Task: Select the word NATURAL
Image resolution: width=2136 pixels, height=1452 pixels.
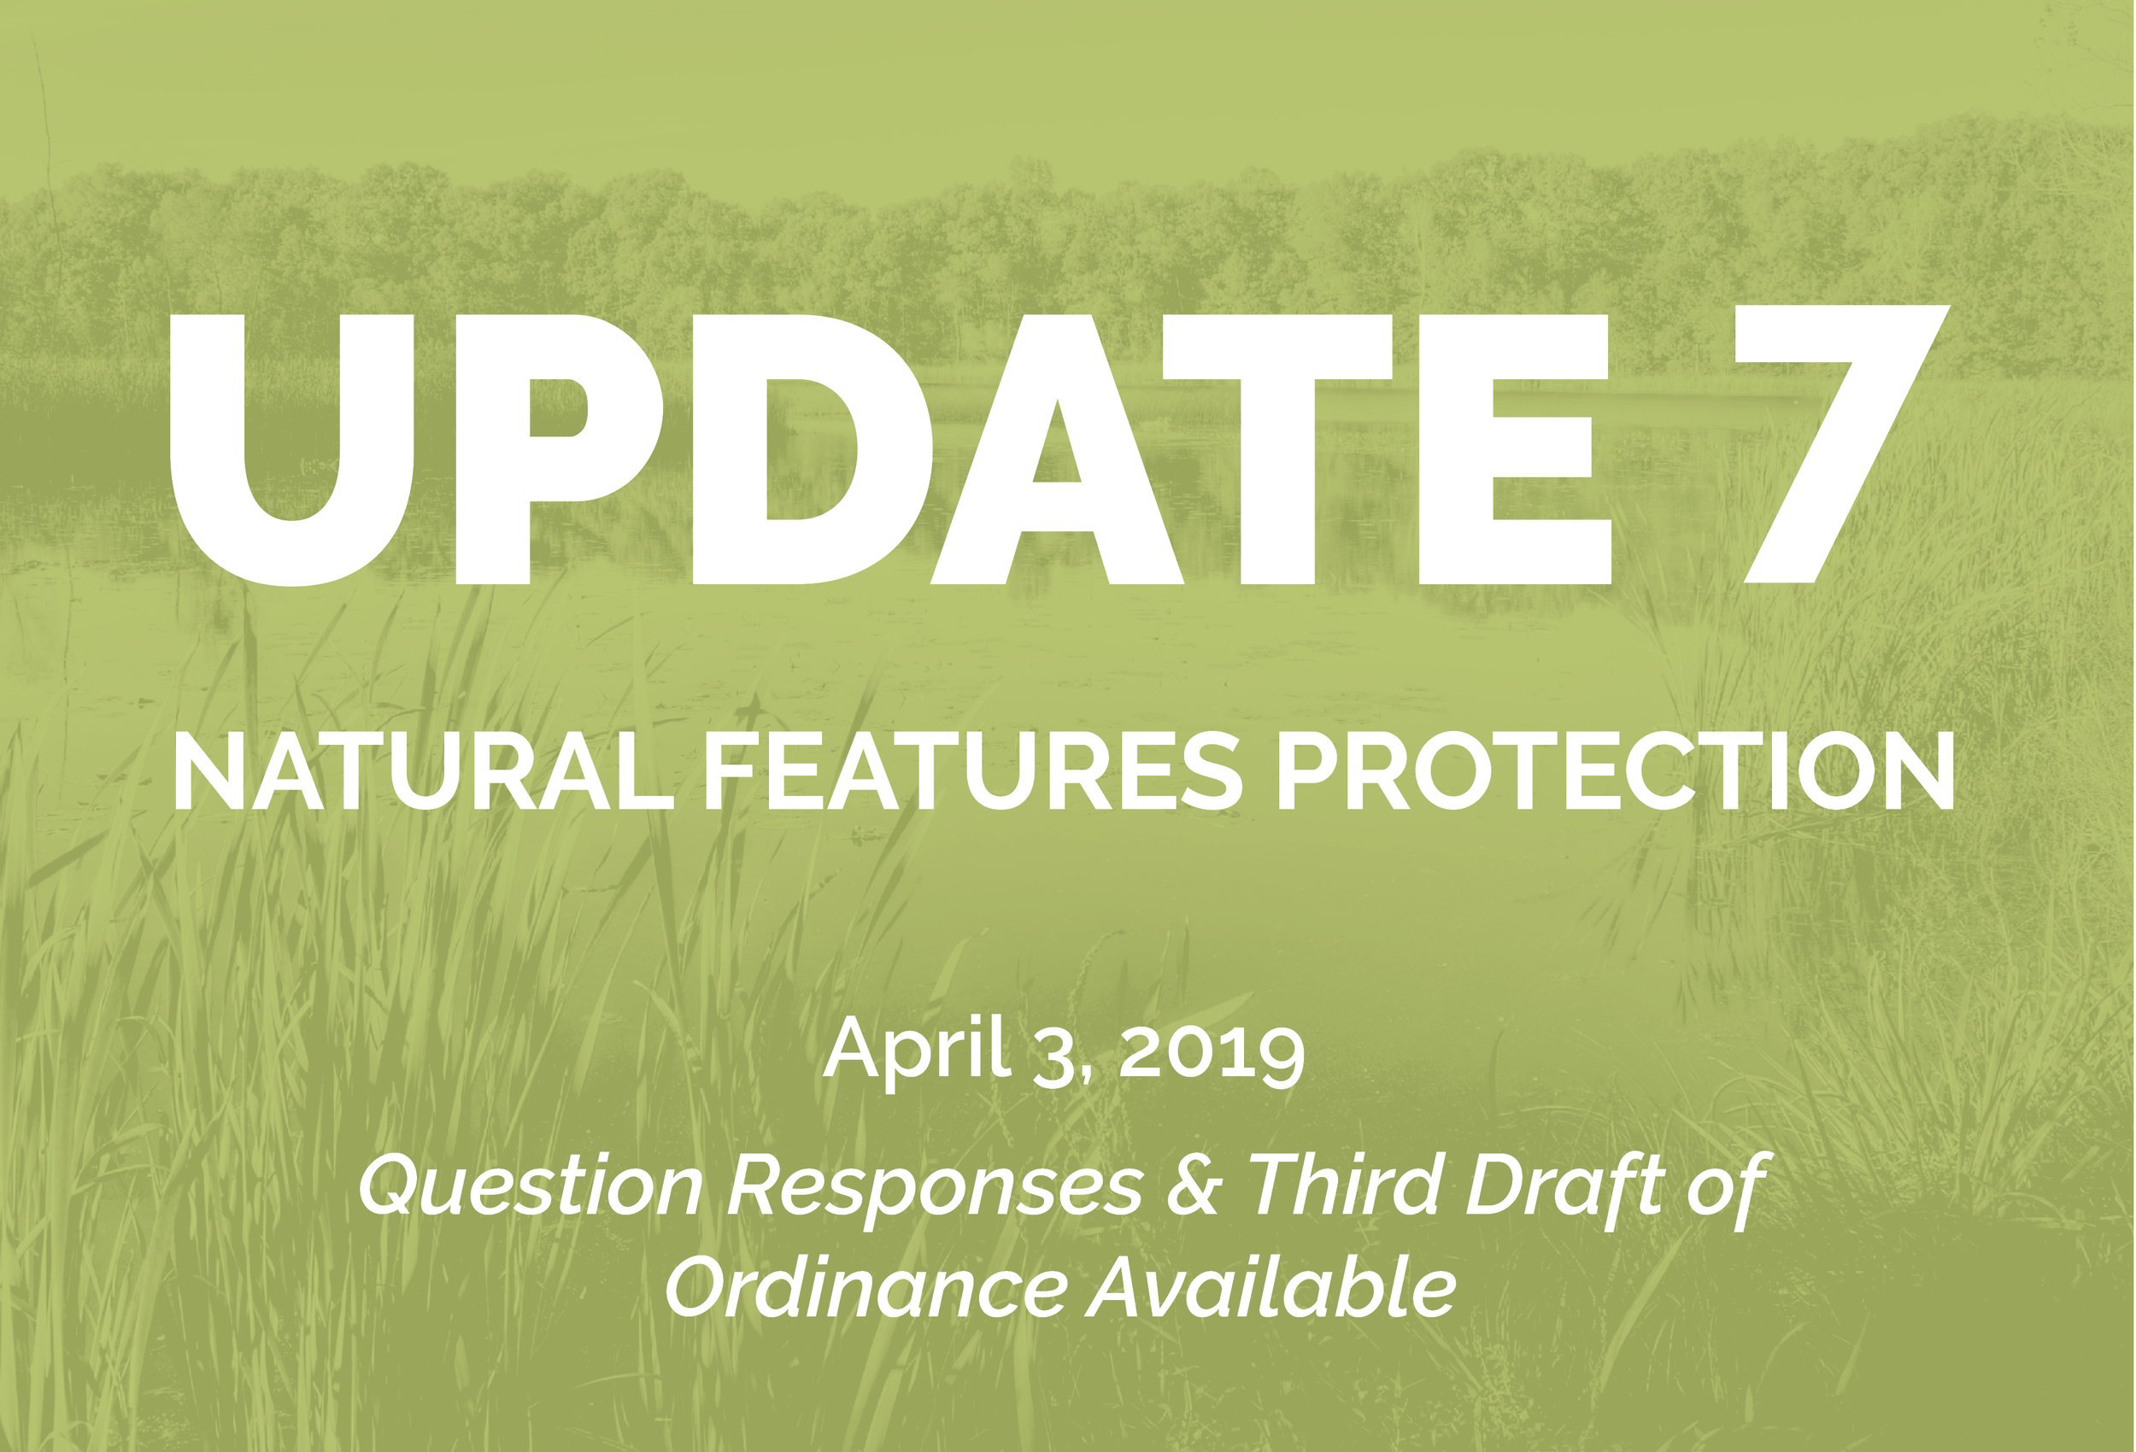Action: (423, 773)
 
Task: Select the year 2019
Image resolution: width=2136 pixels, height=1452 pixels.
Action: (1212, 1052)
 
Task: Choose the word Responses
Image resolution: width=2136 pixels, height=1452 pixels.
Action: (935, 1187)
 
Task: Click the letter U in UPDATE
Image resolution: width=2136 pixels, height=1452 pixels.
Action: (292, 450)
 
